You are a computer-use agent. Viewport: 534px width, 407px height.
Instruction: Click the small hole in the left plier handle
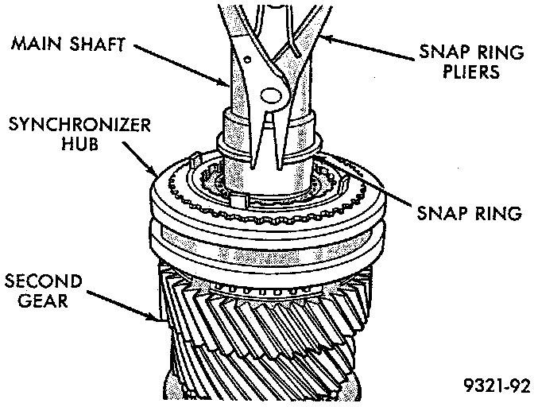(248, 58)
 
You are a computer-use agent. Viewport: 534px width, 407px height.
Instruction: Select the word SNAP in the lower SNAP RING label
(439, 213)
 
